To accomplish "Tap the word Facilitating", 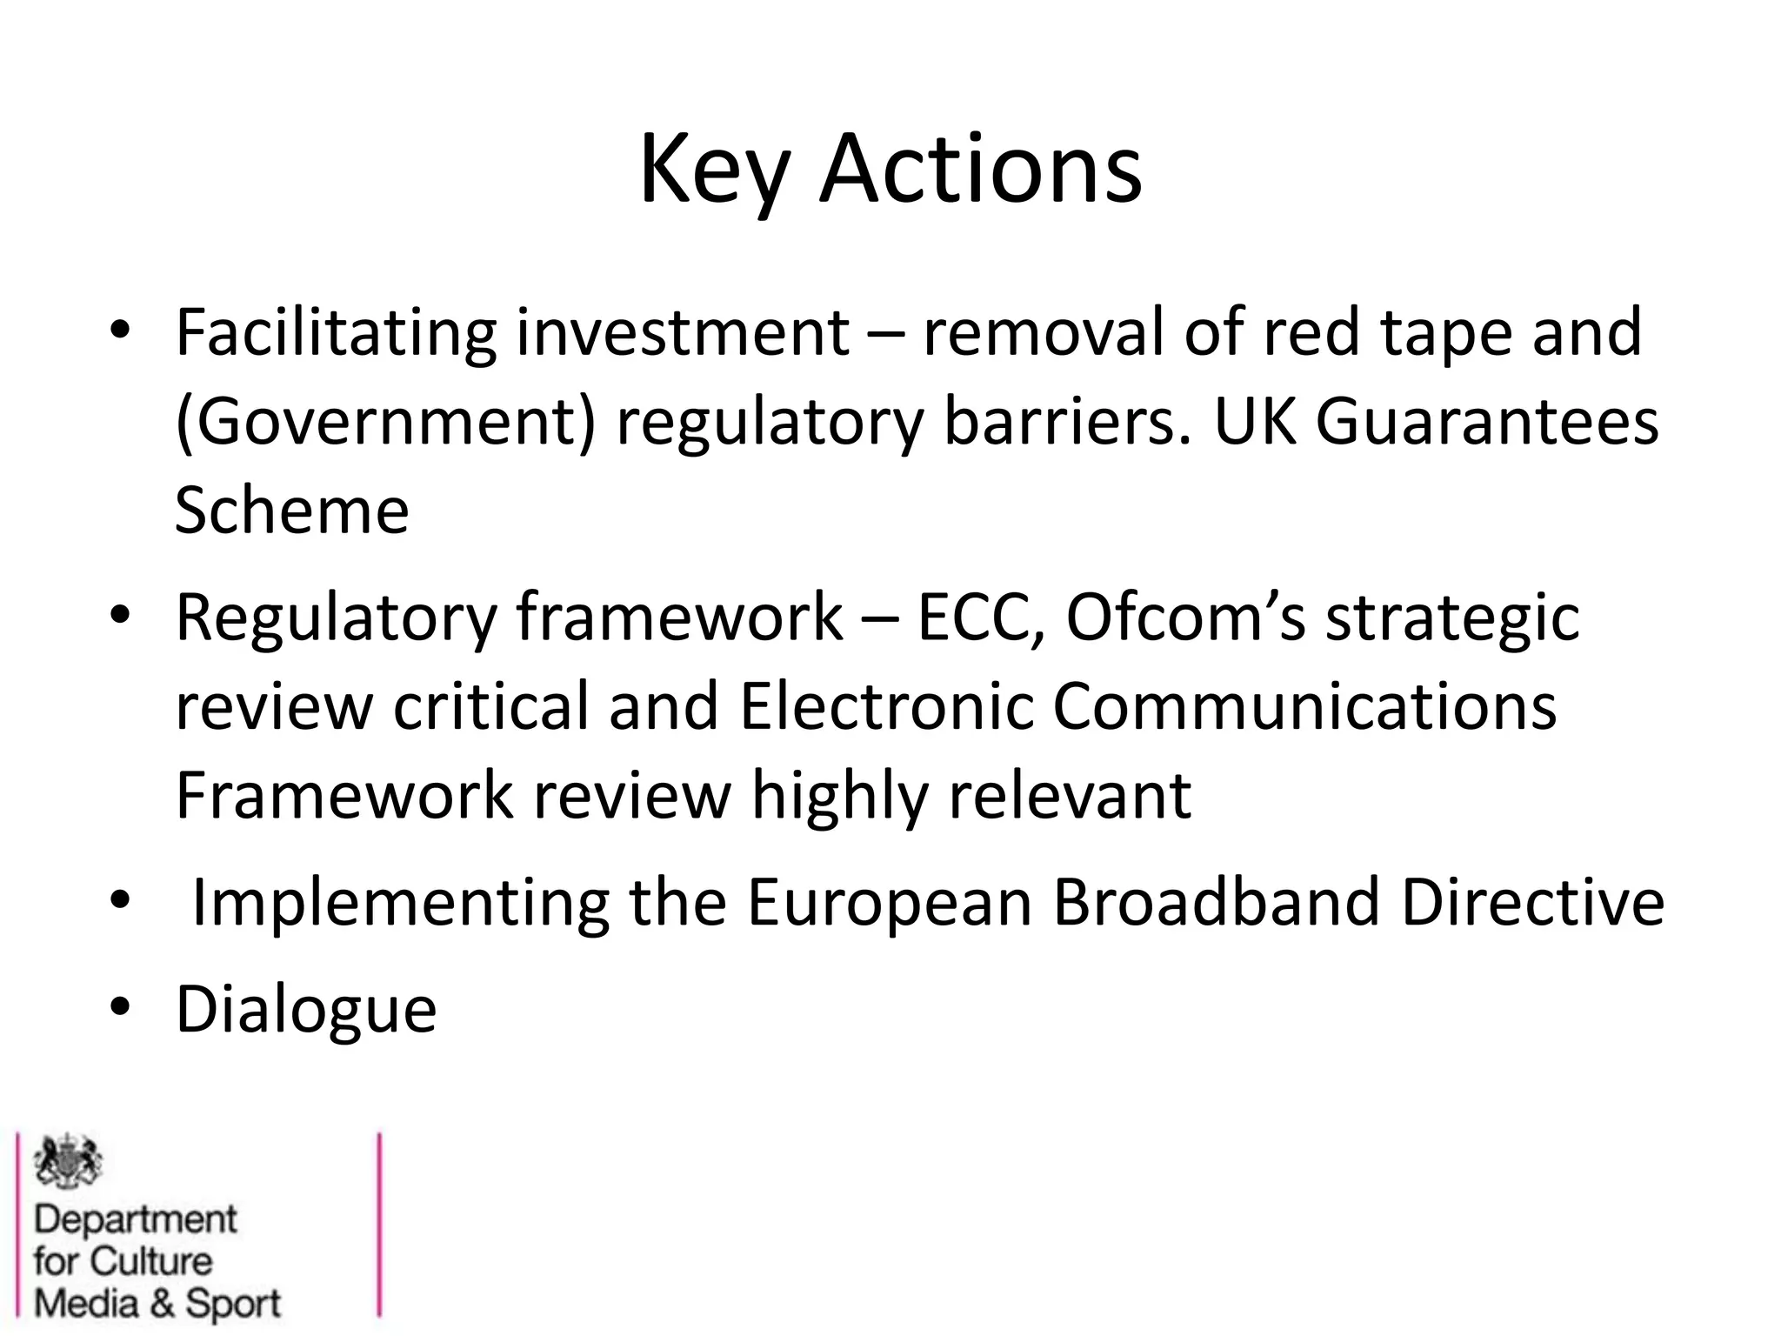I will (x=336, y=333).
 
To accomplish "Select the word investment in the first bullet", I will (x=683, y=333).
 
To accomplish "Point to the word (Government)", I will (x=385, y=423).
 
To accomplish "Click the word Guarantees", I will (x=1486, y=423).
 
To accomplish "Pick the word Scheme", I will (x=291, y=511).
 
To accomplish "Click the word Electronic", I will (x=886, y=706).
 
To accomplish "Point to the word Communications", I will (x=1304, y=706).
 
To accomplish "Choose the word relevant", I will (x=1070, y=795).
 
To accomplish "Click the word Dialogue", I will (x=306, y=1010).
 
